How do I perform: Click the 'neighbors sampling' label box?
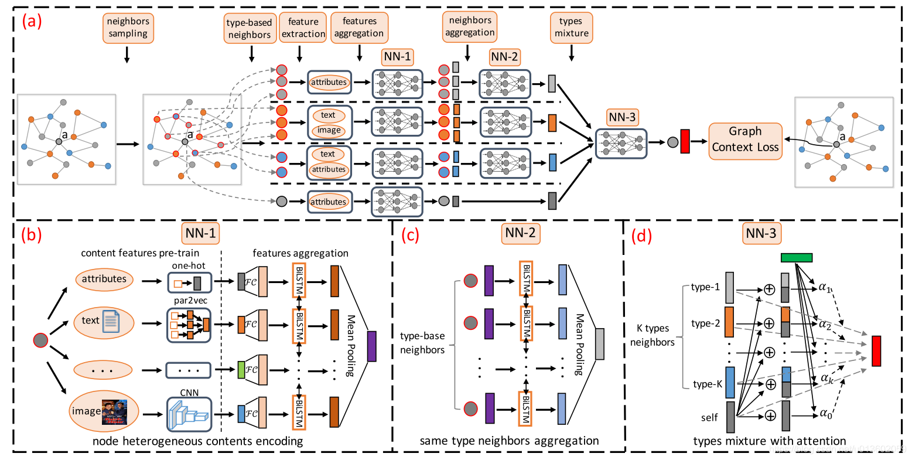(x=128, y=28)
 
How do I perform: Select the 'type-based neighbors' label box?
(x=250, y=29)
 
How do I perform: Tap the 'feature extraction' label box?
(x=303, y=28)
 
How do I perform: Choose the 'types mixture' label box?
(x=571, y=28)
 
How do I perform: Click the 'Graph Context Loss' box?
(x=745, y=139)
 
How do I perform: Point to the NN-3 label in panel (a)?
(x=621, y=117)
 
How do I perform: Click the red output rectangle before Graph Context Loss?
(x=685, y=142)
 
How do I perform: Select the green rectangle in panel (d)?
(x=796, y=257)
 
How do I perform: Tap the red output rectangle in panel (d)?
(x=876, y=351)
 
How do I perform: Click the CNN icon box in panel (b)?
(x=188, y=414)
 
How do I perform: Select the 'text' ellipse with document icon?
(x=104, y=321)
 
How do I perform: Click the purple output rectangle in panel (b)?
(x=371, y=346)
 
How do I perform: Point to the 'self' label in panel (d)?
(x=709, y=418)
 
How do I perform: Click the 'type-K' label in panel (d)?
(x=707, y=384)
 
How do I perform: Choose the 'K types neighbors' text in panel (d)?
(x=653, y=335)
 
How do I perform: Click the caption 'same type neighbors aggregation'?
(x=509, y=441)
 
